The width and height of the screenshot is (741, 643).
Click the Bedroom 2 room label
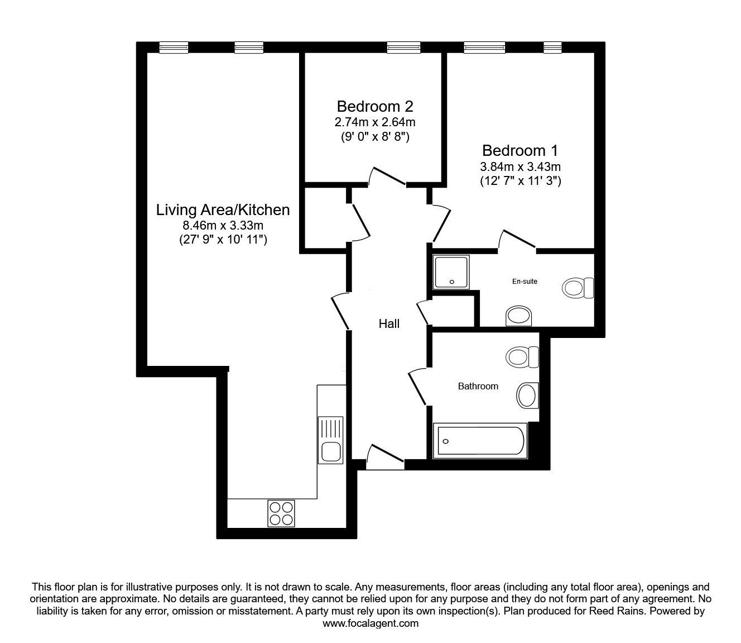click(375, 107)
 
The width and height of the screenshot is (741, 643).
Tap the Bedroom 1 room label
click(520, 151)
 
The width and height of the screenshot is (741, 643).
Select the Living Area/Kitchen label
click(223, 210)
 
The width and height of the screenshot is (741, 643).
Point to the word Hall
click(389, 324)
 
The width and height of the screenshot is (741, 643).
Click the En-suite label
click(525, 282)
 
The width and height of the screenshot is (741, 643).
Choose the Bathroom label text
click(478, 386)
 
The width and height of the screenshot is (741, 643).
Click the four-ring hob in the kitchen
click(281, 513)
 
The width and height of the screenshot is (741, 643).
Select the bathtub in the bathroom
click(480, 441)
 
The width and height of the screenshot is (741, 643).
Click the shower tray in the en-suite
click(451, 272)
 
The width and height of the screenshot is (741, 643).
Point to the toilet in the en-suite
click(578, 288)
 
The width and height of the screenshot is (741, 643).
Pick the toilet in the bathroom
click(522, 357)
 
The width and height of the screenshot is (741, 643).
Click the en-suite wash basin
click(518, 316)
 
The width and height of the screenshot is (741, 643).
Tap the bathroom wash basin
click(527, 396)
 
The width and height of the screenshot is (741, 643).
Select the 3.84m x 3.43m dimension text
click(520, 167)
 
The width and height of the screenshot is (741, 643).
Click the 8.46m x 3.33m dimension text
click(223, 226)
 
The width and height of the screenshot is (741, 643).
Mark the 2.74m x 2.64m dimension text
click(375, 122)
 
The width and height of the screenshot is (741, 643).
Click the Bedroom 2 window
click(403, 47)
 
